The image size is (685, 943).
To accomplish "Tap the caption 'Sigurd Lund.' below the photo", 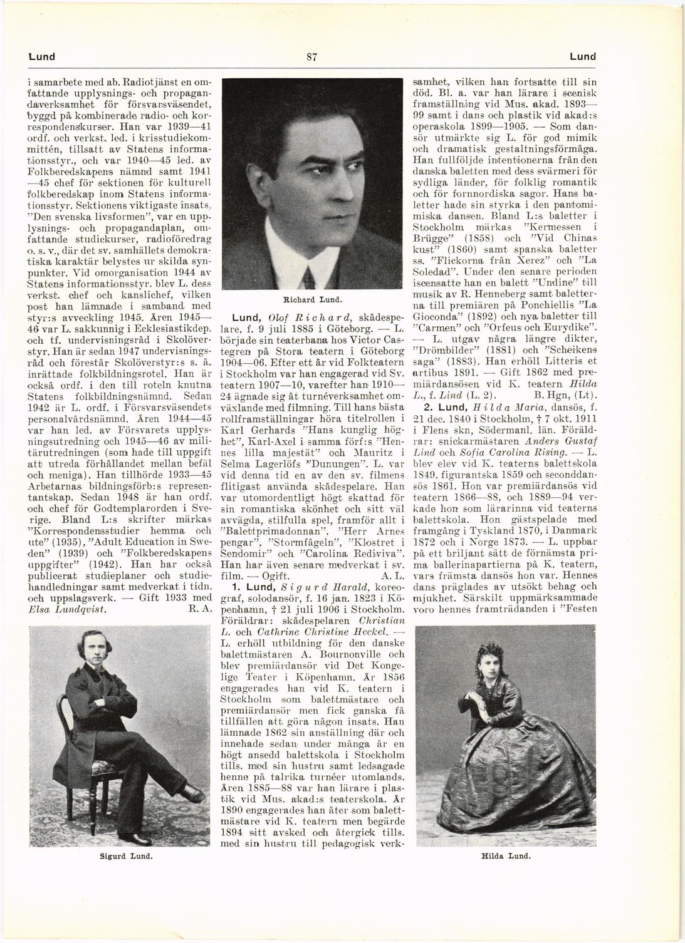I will click(x=127, y=855).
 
